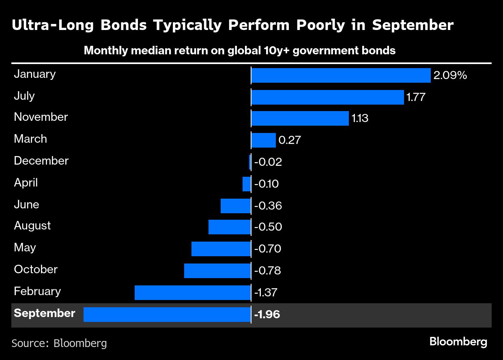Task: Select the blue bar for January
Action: [341, 75]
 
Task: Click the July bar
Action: [327, 97]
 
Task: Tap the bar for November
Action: [300, 118]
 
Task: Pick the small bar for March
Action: [263, 140]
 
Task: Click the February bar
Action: [192, 293]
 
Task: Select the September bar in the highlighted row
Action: [167, 315]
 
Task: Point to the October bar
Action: [217, 271]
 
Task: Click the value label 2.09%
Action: [450, 75]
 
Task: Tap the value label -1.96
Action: [267, 315]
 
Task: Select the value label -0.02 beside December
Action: [268, 162]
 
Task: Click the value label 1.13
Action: [359, 119]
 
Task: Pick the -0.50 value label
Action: [268, 227]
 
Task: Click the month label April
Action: [26, 183]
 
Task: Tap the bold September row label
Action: [44, 313]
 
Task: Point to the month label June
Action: [26, 205]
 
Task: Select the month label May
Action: [25, 248]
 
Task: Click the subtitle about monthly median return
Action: [239, 51]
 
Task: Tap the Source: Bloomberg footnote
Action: [59, 343]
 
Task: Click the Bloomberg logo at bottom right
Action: [458, 342]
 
